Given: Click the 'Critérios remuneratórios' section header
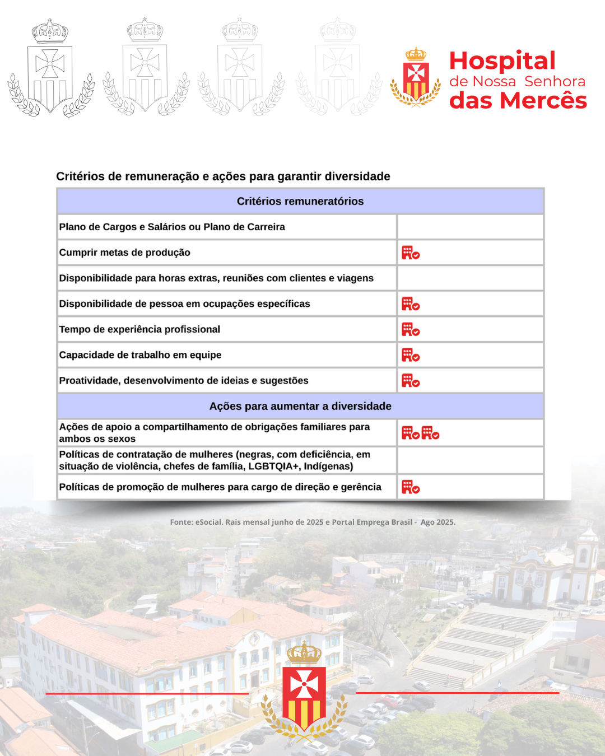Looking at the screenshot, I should pyautogui.click(x=300, y=201).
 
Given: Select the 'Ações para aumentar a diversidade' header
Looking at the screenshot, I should pyautogui.click(x=300, y=406).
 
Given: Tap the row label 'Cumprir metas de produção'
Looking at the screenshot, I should pyautogui.click(x=125, y=253).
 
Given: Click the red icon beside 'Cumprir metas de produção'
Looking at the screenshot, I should pyautogui.click(x=410, y=253).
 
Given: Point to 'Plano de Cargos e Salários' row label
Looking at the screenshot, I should pyautogui.click(x=172, y=227).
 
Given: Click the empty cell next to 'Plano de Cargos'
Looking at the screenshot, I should pyautogui.click(x=470, y=227).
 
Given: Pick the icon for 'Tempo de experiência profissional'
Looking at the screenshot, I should pyautogui.click(x=410, y=330).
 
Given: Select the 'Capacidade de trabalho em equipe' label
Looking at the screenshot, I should pyautogui.click(x=140, y=355).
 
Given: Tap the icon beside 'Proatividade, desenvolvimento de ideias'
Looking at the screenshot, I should pyautogui.click(x=410, y=381).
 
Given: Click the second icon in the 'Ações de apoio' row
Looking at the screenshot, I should pyautogui.click(x=430, y=433).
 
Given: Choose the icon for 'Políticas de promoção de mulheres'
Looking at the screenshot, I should pyautogui.click(x=410, y=487).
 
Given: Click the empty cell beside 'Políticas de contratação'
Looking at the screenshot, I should pyautogui.click(x=470, y=460).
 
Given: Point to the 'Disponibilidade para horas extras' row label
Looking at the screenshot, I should pyautogui.click(x=216, y=278).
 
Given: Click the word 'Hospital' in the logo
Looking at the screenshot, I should pyautogui.click(x=502, y=61).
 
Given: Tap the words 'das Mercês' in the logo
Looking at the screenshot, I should pyautogui.click(x=518, y=101).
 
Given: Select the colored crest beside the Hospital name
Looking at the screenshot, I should pyautogui.click(x=415, y=77).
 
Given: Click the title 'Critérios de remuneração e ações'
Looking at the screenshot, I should pyautogui.click(x=223, y=176).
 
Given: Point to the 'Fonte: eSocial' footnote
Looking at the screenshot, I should pyautogui.click(x=313, y=522).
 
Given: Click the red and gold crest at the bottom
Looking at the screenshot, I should pyautogui.click(x=304, y=689).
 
